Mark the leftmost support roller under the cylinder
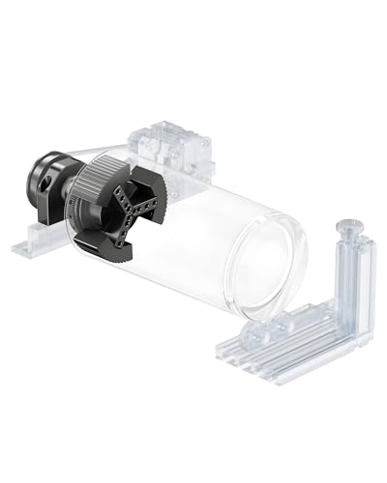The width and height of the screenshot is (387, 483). (x=253, y=334)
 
